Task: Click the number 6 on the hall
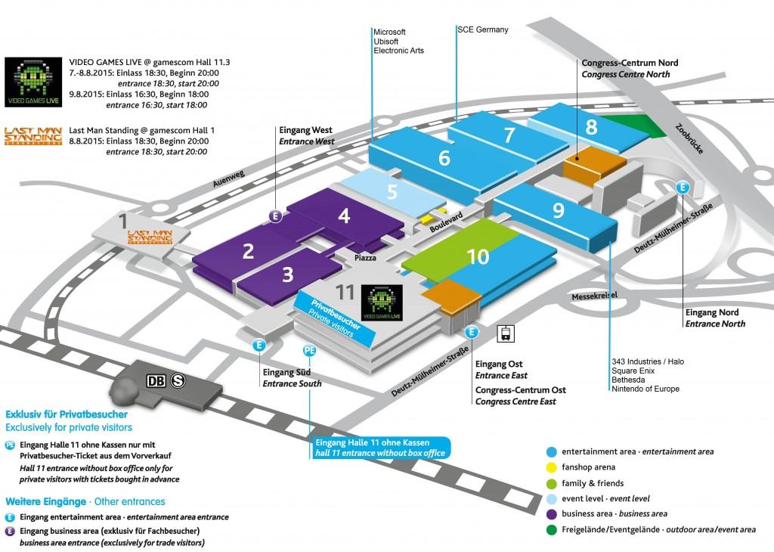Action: coord(444,157)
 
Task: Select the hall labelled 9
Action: coord(556,216)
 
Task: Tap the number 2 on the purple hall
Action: coord(248,251)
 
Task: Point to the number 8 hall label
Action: coord(591,127)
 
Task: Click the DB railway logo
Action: coord(156,380)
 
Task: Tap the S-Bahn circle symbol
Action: coord(178,380)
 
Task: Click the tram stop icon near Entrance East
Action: coord(506,333)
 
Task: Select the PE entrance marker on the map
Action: coord(309,351)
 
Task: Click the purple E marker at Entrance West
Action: coord(275,216)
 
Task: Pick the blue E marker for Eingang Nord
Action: coord(683,187)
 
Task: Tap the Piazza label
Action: coord(365,258)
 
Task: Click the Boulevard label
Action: coord(446,222)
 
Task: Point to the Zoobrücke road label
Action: coord(689,138)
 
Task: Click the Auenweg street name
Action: coord(228,179)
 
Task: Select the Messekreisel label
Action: coord(594,296)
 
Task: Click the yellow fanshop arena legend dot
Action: coord(552,467)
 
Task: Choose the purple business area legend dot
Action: coord(552,514)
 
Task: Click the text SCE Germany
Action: coord(483,29)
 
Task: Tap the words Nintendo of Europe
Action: coord(646,389)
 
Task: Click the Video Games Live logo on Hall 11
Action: coord(382,302)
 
